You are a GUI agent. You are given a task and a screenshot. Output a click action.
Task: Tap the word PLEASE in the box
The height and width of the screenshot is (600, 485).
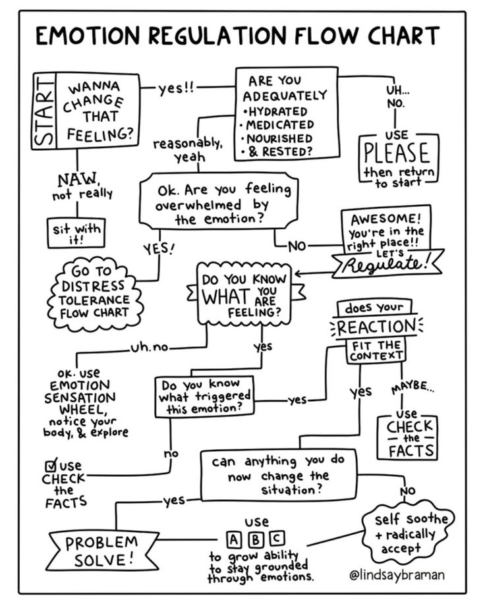tap(397, 153)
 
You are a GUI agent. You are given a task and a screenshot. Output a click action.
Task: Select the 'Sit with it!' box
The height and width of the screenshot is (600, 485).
tap(77, 232)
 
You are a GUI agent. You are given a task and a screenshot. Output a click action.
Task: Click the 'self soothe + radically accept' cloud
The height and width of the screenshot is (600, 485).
tap(406, 530)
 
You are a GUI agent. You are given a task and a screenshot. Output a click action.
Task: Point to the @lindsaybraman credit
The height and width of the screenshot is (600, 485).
tap(397, 574)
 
